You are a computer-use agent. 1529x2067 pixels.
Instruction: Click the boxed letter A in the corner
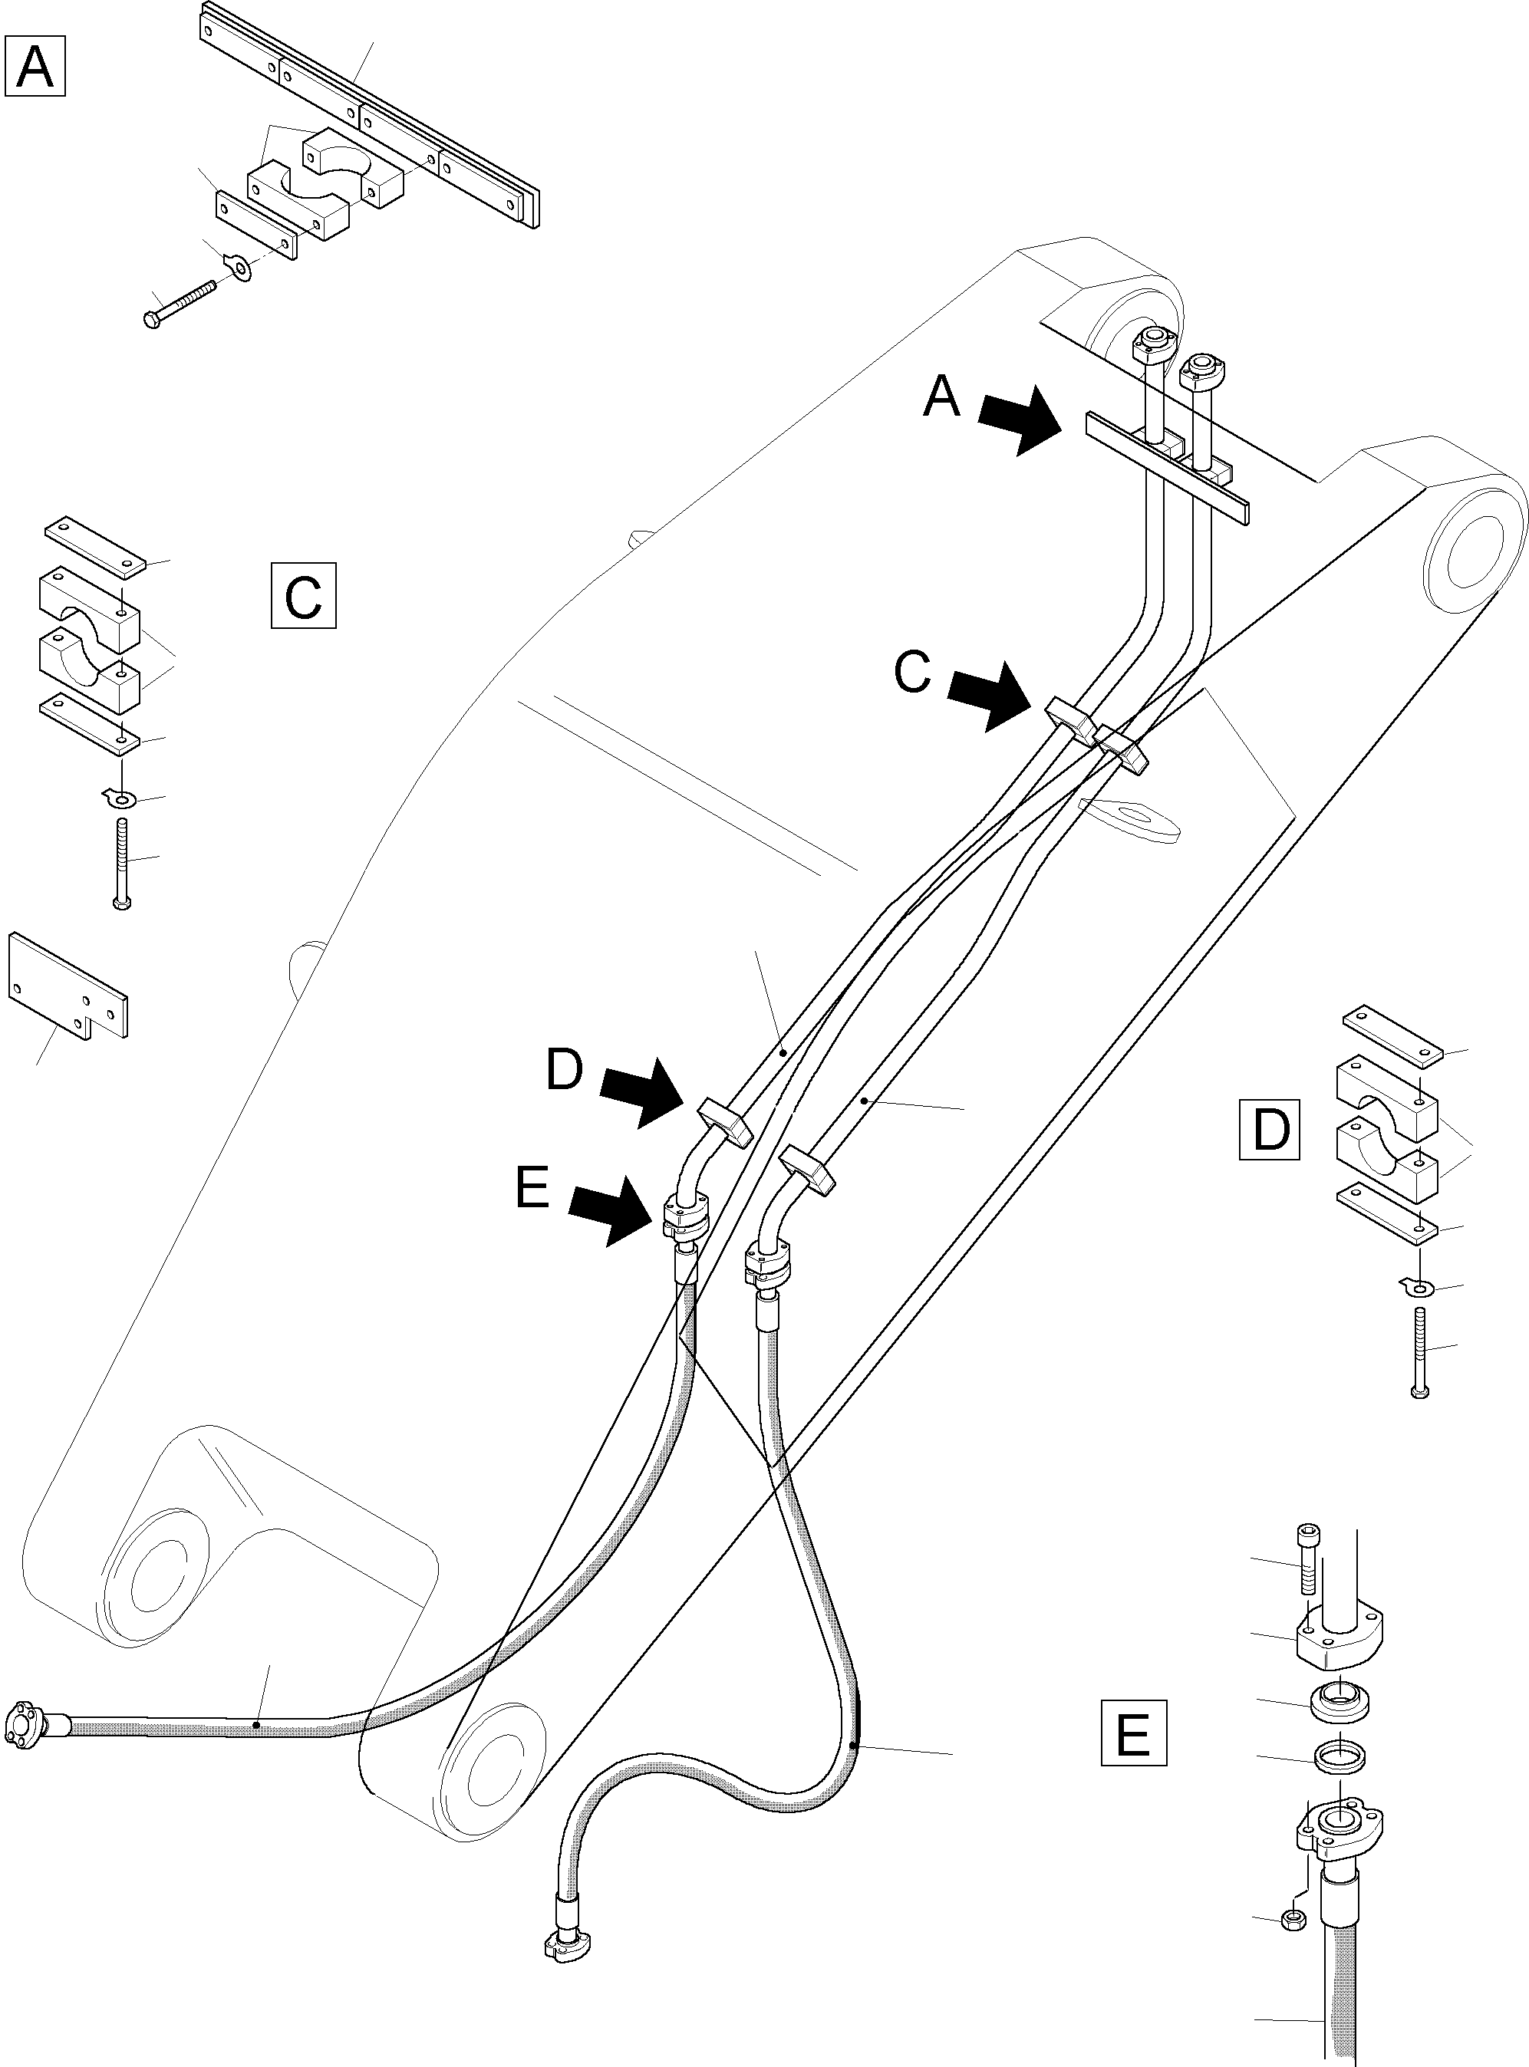[35, 66]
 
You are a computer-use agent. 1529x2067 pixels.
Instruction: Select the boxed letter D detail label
[1269, 1129]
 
